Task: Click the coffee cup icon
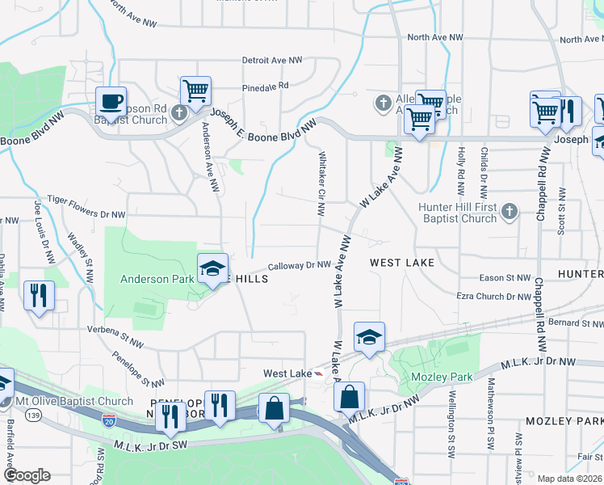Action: click(111, 103)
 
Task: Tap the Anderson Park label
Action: click(156, 280)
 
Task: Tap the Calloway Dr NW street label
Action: click(299, 265)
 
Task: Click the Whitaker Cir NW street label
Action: click(321, 184)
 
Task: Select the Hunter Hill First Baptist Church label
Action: click(457, 213)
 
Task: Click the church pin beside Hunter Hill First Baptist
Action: click(509, 212)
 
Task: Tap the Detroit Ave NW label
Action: click(275, 61)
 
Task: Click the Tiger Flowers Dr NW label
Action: click(86, 199)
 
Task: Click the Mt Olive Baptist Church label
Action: click(74, 402)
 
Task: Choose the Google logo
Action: click(26, 475)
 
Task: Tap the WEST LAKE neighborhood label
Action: click(402, 263)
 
